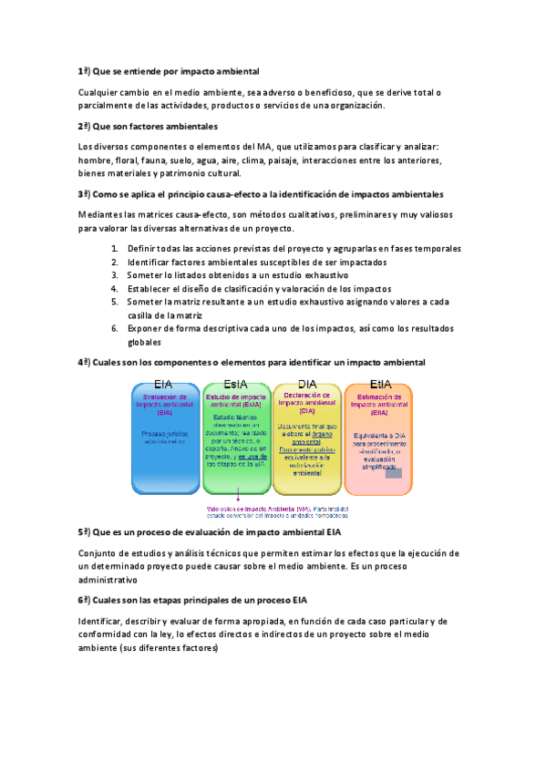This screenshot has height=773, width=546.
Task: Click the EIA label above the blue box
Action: coord(163,384)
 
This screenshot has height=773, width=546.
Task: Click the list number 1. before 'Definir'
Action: coord(114,249)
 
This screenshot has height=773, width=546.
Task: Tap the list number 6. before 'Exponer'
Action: coord(114,328)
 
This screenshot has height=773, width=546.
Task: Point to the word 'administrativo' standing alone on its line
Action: coord(108,580)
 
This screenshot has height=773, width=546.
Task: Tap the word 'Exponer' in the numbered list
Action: coord(146,328)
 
